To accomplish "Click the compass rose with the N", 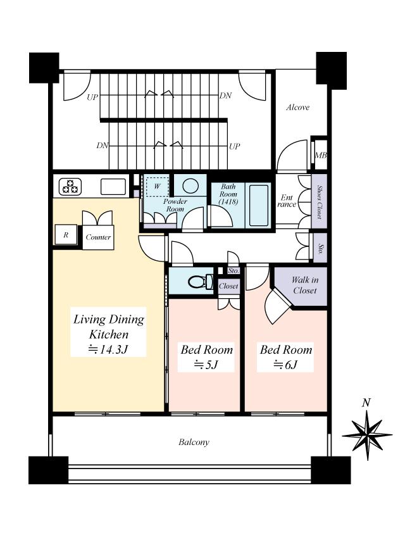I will (x=366, y=434).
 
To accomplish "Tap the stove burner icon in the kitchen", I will (x=71, y=187).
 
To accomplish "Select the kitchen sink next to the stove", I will (x=113, y=187).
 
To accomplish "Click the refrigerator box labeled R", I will (x=65, y=234).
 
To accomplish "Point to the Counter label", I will (x=98, y=237).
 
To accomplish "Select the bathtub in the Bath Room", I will (x=259, y=204).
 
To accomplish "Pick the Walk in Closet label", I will (x=305, y=285).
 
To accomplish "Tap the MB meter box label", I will (x=320, y=155).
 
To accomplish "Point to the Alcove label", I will (x=297, y=108).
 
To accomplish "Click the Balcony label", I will (x=194, y=443).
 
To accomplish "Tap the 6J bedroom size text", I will (x=285, y=364).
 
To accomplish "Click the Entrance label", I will (x=287, y=201).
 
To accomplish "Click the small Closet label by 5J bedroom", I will (x=228, y=286).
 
